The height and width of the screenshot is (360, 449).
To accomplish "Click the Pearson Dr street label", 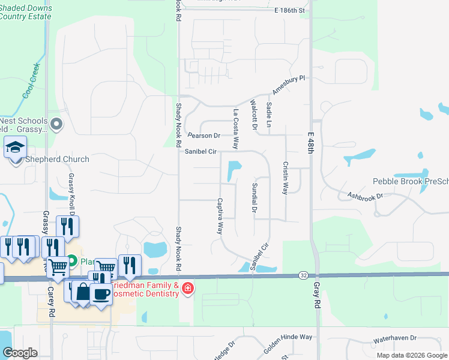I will tap(203, 136).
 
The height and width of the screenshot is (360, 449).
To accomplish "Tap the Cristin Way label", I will tap(285, 177).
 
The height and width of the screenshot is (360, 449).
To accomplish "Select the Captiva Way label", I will tap(220, 216).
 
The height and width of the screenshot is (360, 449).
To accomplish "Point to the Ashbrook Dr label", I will tap(365, 196).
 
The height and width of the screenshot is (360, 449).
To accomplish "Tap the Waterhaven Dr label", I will tap(394, 339).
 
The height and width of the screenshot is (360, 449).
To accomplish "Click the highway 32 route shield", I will tap(303, 275).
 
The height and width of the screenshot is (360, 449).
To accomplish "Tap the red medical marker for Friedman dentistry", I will tap(188, 289).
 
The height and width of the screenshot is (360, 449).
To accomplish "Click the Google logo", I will tap(20, 353).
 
